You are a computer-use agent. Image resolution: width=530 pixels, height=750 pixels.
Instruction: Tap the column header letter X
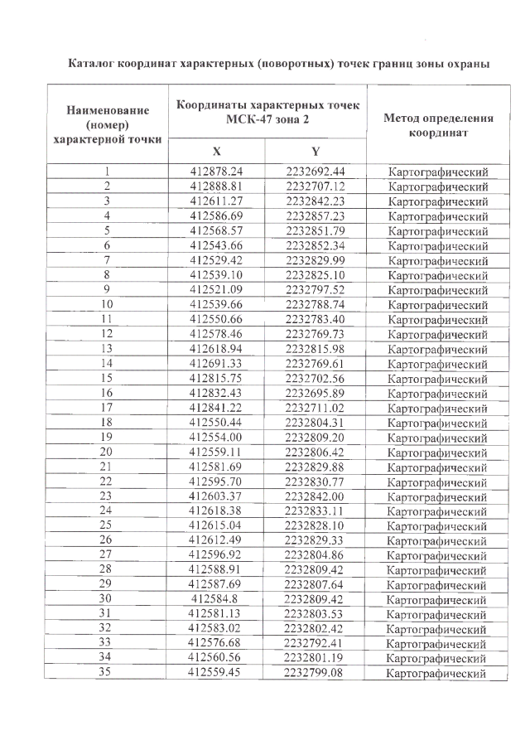(x=216, y=151)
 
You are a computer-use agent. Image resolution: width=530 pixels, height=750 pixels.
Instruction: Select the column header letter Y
(x=316, y=151)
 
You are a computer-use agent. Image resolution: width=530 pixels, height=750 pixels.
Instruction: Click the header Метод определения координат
(x=438, y=125)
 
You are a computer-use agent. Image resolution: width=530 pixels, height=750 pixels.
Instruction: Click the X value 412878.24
(x=216, y=172)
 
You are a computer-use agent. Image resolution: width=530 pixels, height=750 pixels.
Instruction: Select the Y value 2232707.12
(x=316, y=186)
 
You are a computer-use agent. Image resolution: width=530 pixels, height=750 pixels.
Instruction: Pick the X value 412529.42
(x=216, y=259)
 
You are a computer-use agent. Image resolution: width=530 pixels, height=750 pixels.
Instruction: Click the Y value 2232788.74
(x=316, y=303)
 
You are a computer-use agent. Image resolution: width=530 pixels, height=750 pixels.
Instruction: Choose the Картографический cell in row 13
(x=438, y=348)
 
